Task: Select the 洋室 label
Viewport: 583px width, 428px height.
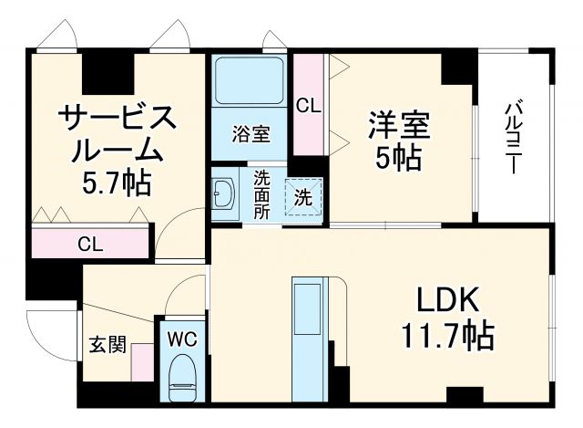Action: [x=398, y=122]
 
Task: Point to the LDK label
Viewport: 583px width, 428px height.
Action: [x=447, y=302]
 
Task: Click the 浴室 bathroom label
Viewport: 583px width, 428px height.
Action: [x=251, y=135]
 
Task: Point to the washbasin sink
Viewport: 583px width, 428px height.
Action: [x=223, y=193]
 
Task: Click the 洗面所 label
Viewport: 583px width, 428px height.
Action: [x=261, y=193]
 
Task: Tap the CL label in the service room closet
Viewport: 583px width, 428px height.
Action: [x=89, y=244]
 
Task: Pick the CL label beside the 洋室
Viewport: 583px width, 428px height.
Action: [x=309, y=105]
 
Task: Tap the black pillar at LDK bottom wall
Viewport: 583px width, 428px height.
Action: [x=465, y=395]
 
